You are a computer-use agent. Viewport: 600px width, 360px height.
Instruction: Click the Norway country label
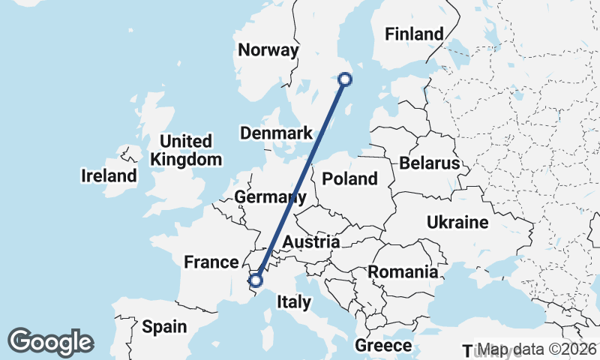point(268,50)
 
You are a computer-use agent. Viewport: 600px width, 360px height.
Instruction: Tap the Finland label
point(413,34)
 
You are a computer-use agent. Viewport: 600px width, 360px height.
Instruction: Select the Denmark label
point(276,133)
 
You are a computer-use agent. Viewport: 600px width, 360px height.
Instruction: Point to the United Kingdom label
point(186,150)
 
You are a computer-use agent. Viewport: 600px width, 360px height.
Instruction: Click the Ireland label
point(109,176)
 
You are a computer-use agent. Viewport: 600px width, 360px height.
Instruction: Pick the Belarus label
point(428,163)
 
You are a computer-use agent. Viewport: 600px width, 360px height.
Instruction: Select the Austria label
point(311,242)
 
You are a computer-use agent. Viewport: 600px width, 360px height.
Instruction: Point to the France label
point(211,262)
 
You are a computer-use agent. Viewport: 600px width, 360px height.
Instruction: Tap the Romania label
point(403,271)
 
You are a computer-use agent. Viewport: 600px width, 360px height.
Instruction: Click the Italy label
point(293,302)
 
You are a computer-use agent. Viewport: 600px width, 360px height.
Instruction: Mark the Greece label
point(383,346)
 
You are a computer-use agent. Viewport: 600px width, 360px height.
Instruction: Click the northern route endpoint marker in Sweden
point(345,79)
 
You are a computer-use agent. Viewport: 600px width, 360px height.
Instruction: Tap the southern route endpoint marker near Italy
point(256,280)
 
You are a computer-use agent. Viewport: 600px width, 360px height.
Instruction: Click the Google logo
point(50,342)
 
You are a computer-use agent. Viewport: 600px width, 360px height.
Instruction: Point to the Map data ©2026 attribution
point(538,349)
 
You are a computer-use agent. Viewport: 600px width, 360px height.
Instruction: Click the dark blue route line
point(300,180)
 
